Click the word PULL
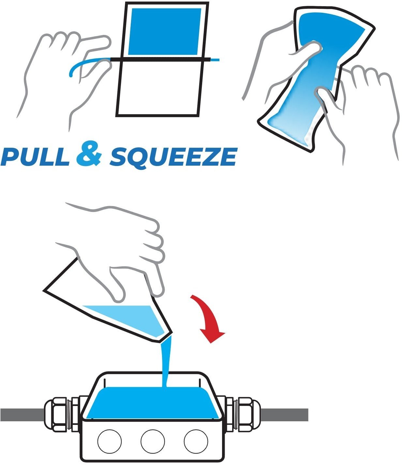click(35, 157)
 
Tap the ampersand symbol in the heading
click(89, 154)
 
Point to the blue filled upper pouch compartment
click(165, 32)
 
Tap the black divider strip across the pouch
click(160, 59)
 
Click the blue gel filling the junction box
click(153, 403)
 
